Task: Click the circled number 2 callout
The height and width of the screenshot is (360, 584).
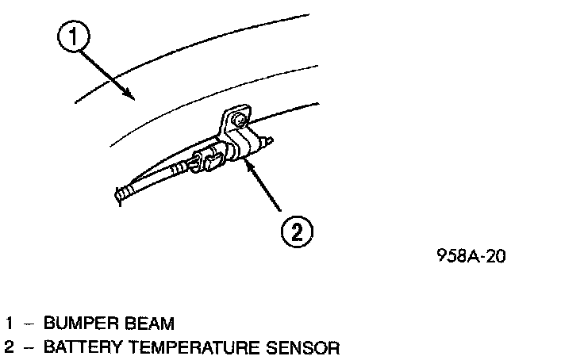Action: pos(295,232)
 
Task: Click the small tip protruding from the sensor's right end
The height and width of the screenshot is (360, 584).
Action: pos(270,140)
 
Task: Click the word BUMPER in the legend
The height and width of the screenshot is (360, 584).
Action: pos(75,324)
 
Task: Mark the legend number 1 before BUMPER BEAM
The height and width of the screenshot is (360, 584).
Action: pos(10,324)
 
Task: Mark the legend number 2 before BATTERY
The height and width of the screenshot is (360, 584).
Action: pos(10,347)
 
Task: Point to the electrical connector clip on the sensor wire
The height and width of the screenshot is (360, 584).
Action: pos(212,163)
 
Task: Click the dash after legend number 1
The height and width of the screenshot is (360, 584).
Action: pos(29,324)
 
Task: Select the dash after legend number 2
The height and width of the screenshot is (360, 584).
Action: pos(29,347)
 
